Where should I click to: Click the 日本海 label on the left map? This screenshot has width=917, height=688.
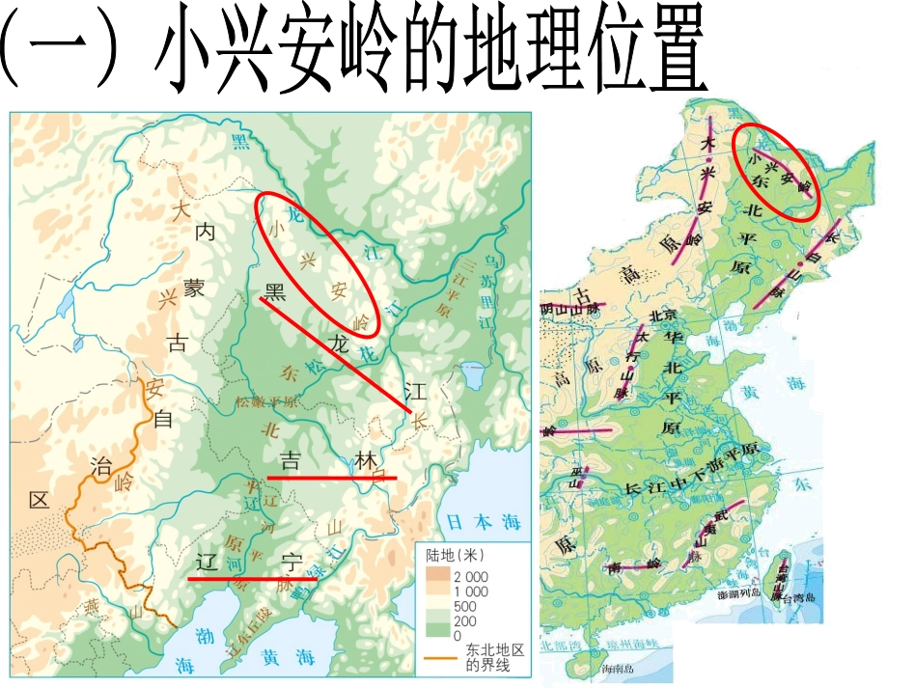[485, 522]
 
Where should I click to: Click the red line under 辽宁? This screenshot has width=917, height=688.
[253, 579]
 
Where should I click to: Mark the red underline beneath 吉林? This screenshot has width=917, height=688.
[331, 477]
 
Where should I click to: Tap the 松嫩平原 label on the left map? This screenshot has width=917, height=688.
[266, 400]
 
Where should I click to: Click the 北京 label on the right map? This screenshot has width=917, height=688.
[662, 315]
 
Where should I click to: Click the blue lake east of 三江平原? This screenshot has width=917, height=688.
[473, 372]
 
